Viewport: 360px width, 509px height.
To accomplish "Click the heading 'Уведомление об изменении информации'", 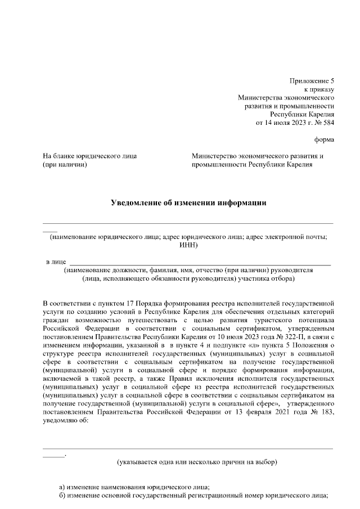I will point(188,203).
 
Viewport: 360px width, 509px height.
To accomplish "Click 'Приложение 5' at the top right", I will point(312,80).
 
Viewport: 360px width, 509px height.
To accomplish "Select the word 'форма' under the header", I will point(323,139).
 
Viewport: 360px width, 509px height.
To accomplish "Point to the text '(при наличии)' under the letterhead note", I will point(65,165).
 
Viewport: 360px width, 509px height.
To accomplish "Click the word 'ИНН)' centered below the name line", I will point(188,245).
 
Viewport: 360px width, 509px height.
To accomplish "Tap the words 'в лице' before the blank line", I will point(56,262).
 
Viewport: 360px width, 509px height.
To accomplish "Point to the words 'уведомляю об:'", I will point(66,421).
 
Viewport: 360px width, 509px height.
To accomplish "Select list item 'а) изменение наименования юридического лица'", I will point(134,487).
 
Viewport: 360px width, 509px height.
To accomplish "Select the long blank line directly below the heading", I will point(188,224).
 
